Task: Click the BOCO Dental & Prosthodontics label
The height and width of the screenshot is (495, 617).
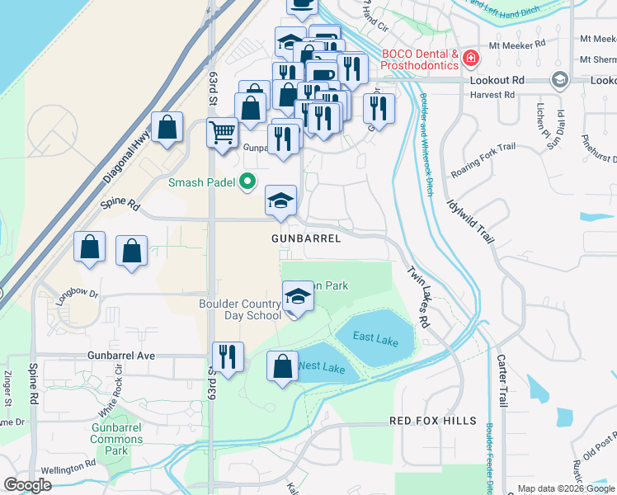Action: pyautogui.click(x=418, y=59)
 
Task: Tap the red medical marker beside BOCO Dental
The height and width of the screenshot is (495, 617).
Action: pyautogui.click(x=470, y=59)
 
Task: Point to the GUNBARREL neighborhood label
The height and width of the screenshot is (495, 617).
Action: pyautogui.click(x=306, y=238)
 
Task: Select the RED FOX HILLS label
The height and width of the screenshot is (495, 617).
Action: pyautogui.click(x=433, y=421)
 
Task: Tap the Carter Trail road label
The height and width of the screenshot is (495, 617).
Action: pyautogui.click(x=501, y=379)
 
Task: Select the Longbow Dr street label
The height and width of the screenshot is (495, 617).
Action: pyautogui.click(x=78, y=293)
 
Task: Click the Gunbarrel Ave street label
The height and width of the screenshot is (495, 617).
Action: pyautogui.click(x=121, y=355)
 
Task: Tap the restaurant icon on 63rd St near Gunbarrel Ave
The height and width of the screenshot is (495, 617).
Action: pyautogui.click(x=228, y=356)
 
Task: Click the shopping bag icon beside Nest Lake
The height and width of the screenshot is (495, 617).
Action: pyautogui.click(x=283, y=365)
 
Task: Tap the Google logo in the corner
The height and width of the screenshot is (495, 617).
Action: pyautogui.click(x=28, y=485)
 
